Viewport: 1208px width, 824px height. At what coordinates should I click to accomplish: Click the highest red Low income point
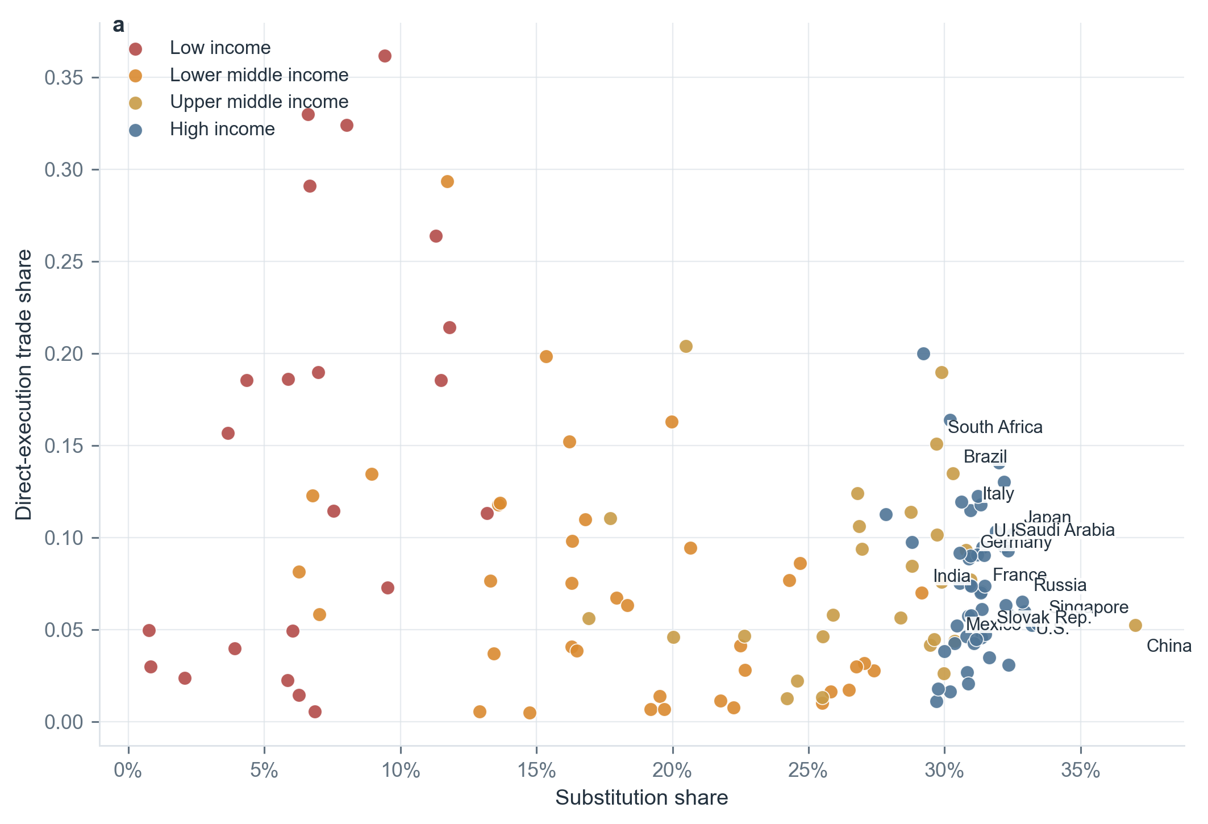[385, 56]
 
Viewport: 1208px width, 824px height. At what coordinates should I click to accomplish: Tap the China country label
[1168, 646]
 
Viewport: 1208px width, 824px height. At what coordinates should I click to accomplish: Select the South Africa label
[995, 427]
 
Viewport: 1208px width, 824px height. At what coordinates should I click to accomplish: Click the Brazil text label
[985, 457]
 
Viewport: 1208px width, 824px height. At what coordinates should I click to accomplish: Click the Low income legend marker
[135, 49]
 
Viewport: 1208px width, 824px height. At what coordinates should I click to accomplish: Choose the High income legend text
[222, 130]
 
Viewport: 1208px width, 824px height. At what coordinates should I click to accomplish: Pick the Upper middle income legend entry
[259, 102]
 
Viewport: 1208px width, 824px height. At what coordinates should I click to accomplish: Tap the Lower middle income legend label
[259, 75]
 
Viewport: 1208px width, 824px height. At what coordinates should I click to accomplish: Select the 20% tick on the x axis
[672, 771]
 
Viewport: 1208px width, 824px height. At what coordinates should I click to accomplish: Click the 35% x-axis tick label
[1080, 771]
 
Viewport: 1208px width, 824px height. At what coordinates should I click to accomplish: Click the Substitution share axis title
[642, 798]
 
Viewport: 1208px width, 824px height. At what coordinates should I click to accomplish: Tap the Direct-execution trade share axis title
[24, 385]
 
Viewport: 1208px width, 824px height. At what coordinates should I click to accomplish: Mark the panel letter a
[118, 26]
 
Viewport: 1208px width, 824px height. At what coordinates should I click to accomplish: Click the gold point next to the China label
[1135, 625]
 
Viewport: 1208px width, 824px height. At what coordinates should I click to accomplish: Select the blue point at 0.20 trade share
[923, 353]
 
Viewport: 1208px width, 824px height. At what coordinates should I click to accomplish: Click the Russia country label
[1060, 585]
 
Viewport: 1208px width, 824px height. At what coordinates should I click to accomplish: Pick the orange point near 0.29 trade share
[447, 182]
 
